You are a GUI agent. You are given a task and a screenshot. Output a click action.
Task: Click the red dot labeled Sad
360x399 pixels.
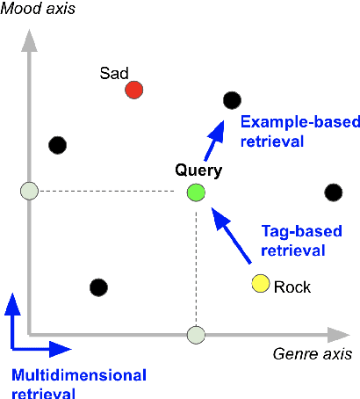coord(133,90)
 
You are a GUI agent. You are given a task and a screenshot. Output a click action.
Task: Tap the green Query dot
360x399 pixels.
coord(196,192)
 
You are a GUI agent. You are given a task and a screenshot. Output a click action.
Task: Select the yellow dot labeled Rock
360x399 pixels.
coord(260,283)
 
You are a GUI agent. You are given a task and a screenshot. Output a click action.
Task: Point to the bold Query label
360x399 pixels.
coord(198,170)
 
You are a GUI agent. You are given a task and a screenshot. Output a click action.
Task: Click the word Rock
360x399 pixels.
coord(292,287)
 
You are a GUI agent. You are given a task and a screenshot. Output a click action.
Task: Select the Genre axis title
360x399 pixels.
coord(311,354)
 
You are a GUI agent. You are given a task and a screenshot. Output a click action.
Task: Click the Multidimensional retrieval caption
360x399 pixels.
coord(79,383)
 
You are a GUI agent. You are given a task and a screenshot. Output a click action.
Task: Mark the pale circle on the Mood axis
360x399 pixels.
coord(30,191)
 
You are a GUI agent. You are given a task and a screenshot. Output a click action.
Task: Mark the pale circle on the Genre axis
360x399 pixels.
coord(196,334)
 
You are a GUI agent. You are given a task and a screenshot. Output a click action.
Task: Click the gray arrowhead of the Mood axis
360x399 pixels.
coord(30,40)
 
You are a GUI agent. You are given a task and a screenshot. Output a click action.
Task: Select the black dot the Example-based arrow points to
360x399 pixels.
coord(232,101)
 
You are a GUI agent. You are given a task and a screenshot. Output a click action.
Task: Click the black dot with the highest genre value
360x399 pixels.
coord(333,192)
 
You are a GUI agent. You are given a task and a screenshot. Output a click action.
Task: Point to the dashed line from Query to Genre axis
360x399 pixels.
coord(196,264)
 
